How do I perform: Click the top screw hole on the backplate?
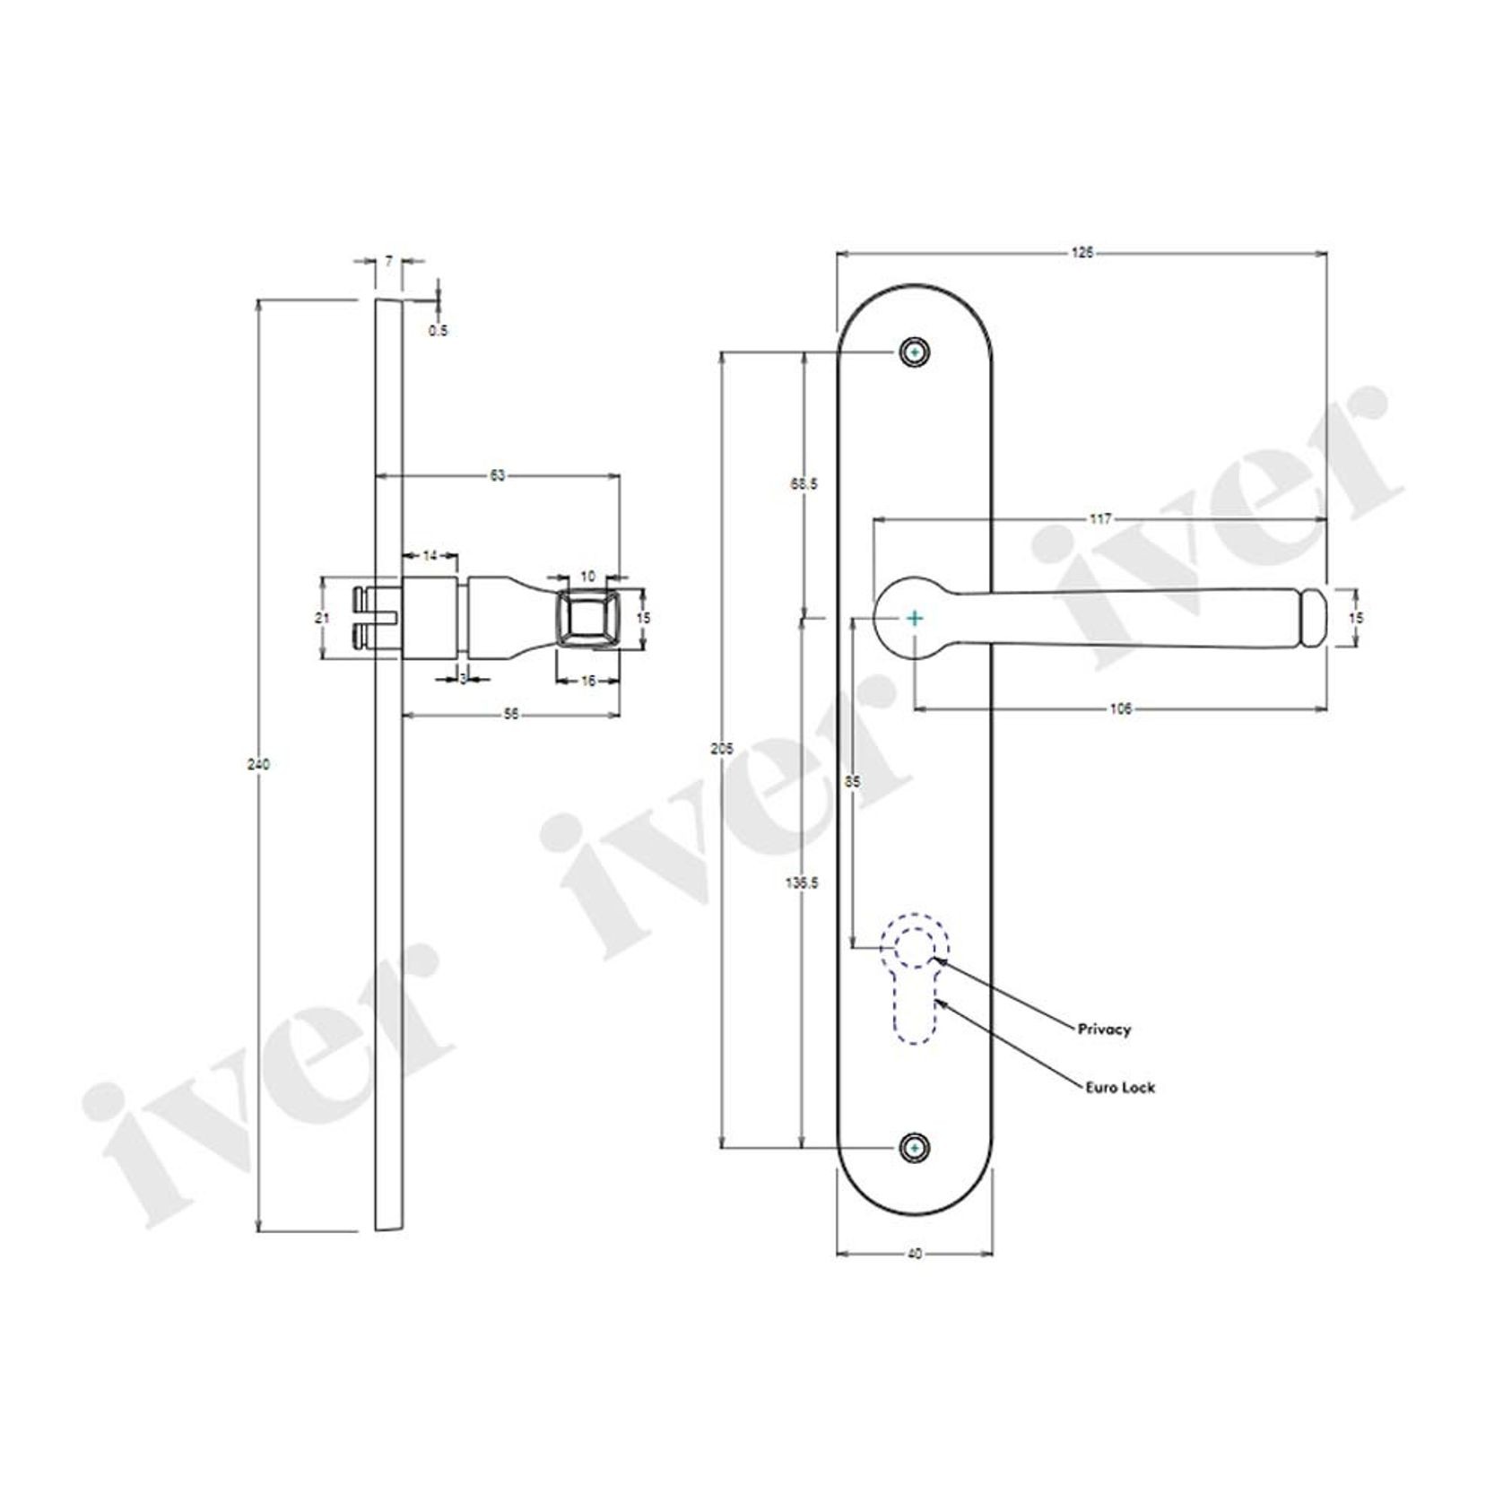(x=914, y=353)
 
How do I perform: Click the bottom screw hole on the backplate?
(x=914, y=1148)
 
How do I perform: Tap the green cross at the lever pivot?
(x=914, y=618)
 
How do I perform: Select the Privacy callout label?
(x=1104, y=1030)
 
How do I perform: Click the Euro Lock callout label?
(x=1116, y=1087)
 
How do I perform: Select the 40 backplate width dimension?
(x=914, y=1254)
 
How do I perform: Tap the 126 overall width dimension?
(x=1082, y=254)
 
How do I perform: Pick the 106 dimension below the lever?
(x=1121, y=708)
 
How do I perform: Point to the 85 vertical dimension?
(x=853, y=782)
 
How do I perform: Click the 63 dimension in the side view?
(x=497, y=475)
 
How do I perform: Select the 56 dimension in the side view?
(x=511, y=714)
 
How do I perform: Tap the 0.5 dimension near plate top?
(x=438, y=330)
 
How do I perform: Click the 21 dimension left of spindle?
(x=324, y=617)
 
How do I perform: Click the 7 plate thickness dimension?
(x=388, y=261)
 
